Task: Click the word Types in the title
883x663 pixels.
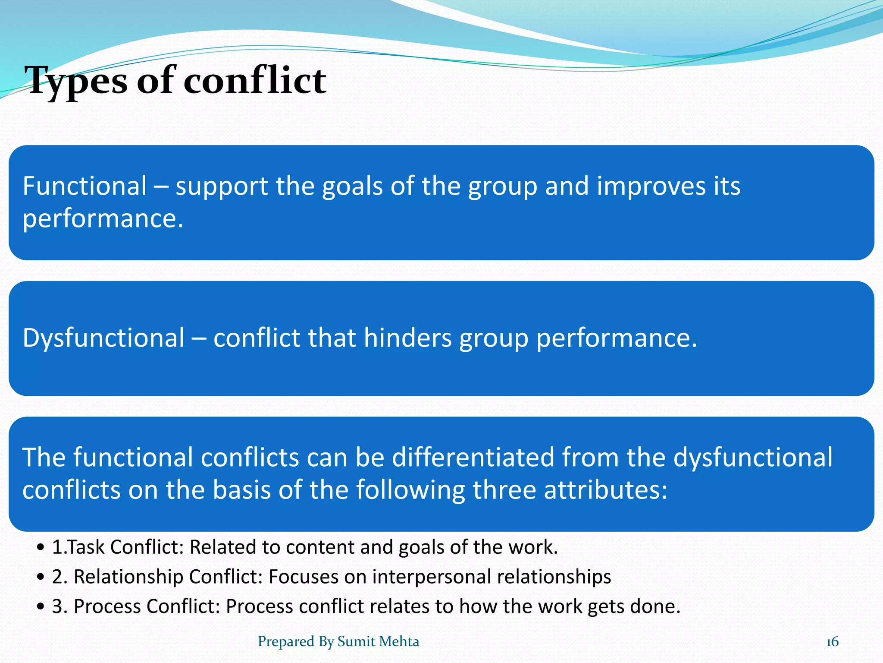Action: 76,81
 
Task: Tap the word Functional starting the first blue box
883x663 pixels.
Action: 85,186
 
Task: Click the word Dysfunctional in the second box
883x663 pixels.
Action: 103,338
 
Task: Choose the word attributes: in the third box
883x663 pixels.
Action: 605,490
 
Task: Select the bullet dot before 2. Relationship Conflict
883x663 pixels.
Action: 41,578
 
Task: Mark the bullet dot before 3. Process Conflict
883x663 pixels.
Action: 41,607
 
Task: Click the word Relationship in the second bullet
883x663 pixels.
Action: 128,577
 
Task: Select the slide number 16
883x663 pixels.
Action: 832,642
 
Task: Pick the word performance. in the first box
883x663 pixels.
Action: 103,219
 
